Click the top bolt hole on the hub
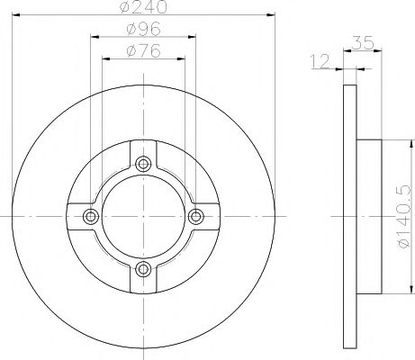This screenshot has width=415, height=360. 142,163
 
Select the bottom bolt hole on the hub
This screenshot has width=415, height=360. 142,267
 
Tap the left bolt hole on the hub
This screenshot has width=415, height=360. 90,215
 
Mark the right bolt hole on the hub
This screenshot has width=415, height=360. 195,215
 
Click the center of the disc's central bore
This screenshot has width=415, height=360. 142,215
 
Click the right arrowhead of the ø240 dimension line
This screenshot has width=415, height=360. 267,18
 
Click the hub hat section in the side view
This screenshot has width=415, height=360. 368,215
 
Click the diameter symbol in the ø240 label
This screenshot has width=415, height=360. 126,9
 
